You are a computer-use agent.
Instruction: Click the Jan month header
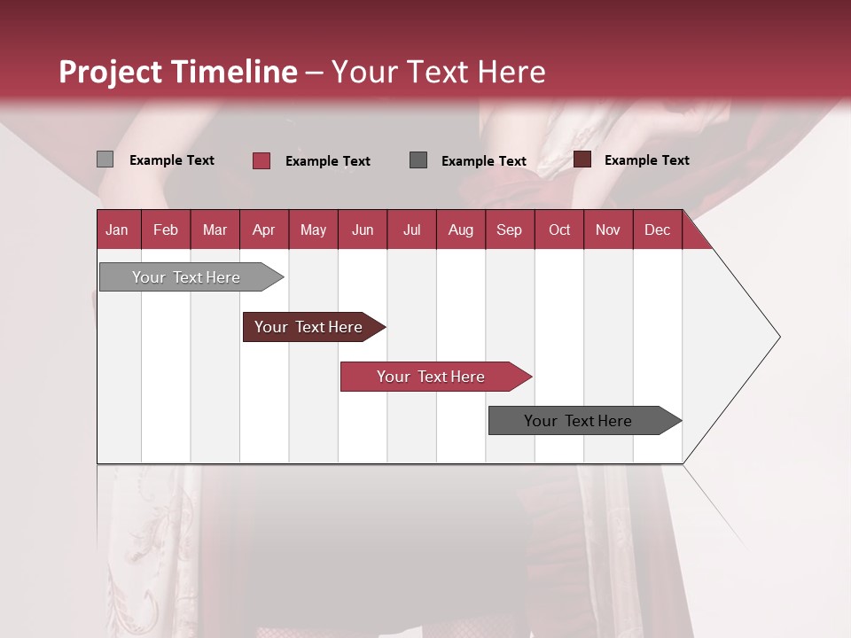pyautogui.click(x=117, y=230)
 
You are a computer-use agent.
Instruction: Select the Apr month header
pyautogui.click(x=263, y=230)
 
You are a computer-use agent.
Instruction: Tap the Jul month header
pyautogui.click(x=411, y=230)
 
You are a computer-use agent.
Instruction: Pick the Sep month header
pyautogui.click(x=509, y=230)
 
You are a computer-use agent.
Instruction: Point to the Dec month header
pyautogui.click(x=657, y=230)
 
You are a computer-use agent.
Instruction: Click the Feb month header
pyautogui.click(x=166, y=230)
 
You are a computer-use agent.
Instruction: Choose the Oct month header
pyautogui.click(x=559, y=230)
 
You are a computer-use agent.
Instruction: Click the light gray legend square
pyautogui.click(x=105, y=159)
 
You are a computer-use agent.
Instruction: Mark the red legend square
pyautogui.click(x=262, y=160)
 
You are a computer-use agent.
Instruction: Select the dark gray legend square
pyautogui.click(x=418, y=159)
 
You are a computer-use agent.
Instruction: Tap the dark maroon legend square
pyautogui.click(x=582, y=159)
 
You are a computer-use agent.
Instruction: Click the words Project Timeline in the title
pyautogui.click(x=178, y=72)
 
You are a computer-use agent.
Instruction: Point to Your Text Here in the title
pyautogui.click(x=438, y=72)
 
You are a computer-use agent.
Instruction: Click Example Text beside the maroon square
pyautogui.click(x=646, y=160)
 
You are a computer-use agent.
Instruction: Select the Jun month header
pyautogui.click(x=363, y=230)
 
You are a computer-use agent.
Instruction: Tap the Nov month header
pyautogui.click(x=608, y=230)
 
